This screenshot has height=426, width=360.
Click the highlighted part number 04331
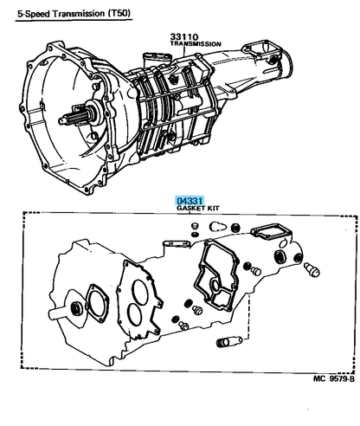tap(190, 201)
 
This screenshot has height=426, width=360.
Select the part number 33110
tap(184, 37)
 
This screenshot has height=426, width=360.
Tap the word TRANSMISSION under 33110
tap(196, 44)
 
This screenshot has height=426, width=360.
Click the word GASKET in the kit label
tap(190, 208)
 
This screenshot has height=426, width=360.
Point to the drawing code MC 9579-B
tap(334, 378)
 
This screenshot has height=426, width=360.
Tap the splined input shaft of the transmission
tap(74, 119)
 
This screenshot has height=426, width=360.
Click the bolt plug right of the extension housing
tap(312, 269)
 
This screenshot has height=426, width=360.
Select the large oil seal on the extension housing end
tap(280, 256)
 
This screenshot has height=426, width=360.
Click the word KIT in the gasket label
tap(213, 208)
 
